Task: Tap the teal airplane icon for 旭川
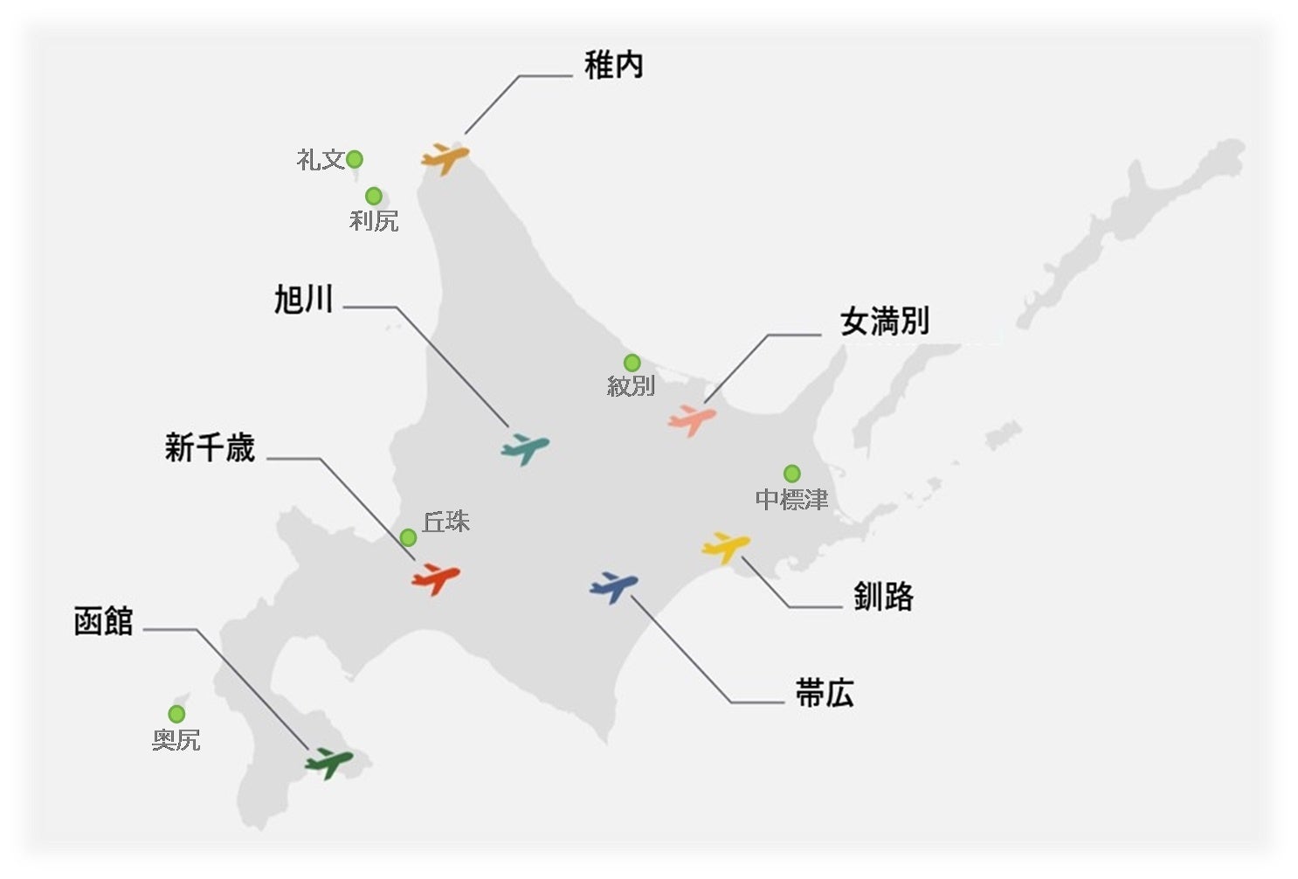pyautogui.click(x=525, y=447)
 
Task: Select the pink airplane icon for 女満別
pyautogui.click(x=692, y=419)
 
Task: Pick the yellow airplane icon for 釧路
pyautogui.click(x=726, y=546)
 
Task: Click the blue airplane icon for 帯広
pyautogui.click(x=614, y=586)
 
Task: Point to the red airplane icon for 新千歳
pyautogui.click(x=435, y=578)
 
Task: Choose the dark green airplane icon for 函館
pyautogui.click(x=328, y=762)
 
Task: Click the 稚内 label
pyautogui.click(x=613, y=66)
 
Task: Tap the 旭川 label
pyautogui.click(x=304, y=300)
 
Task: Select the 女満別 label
pyautogui.click(x=884, y=322)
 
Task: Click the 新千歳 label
pyautogui.click(x=210, y=448)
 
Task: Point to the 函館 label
pyautogui.click(x=103, y=622)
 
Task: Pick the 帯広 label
pyautogui.click(x=824, y=694)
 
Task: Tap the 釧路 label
pyautogui.click(x=883, y=597)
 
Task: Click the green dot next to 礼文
pyautogui.click(x=355, y=159)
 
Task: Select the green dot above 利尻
pyautogui.click(x=373, y=196)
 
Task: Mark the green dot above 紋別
pyautogui.click(x=632, y=363)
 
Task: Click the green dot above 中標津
pyautogui.click(x=791, y=474)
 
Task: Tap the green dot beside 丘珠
pyautogui.click(x=408, y=537)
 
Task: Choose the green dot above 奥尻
pyautogui.click(x=176, y=714)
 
